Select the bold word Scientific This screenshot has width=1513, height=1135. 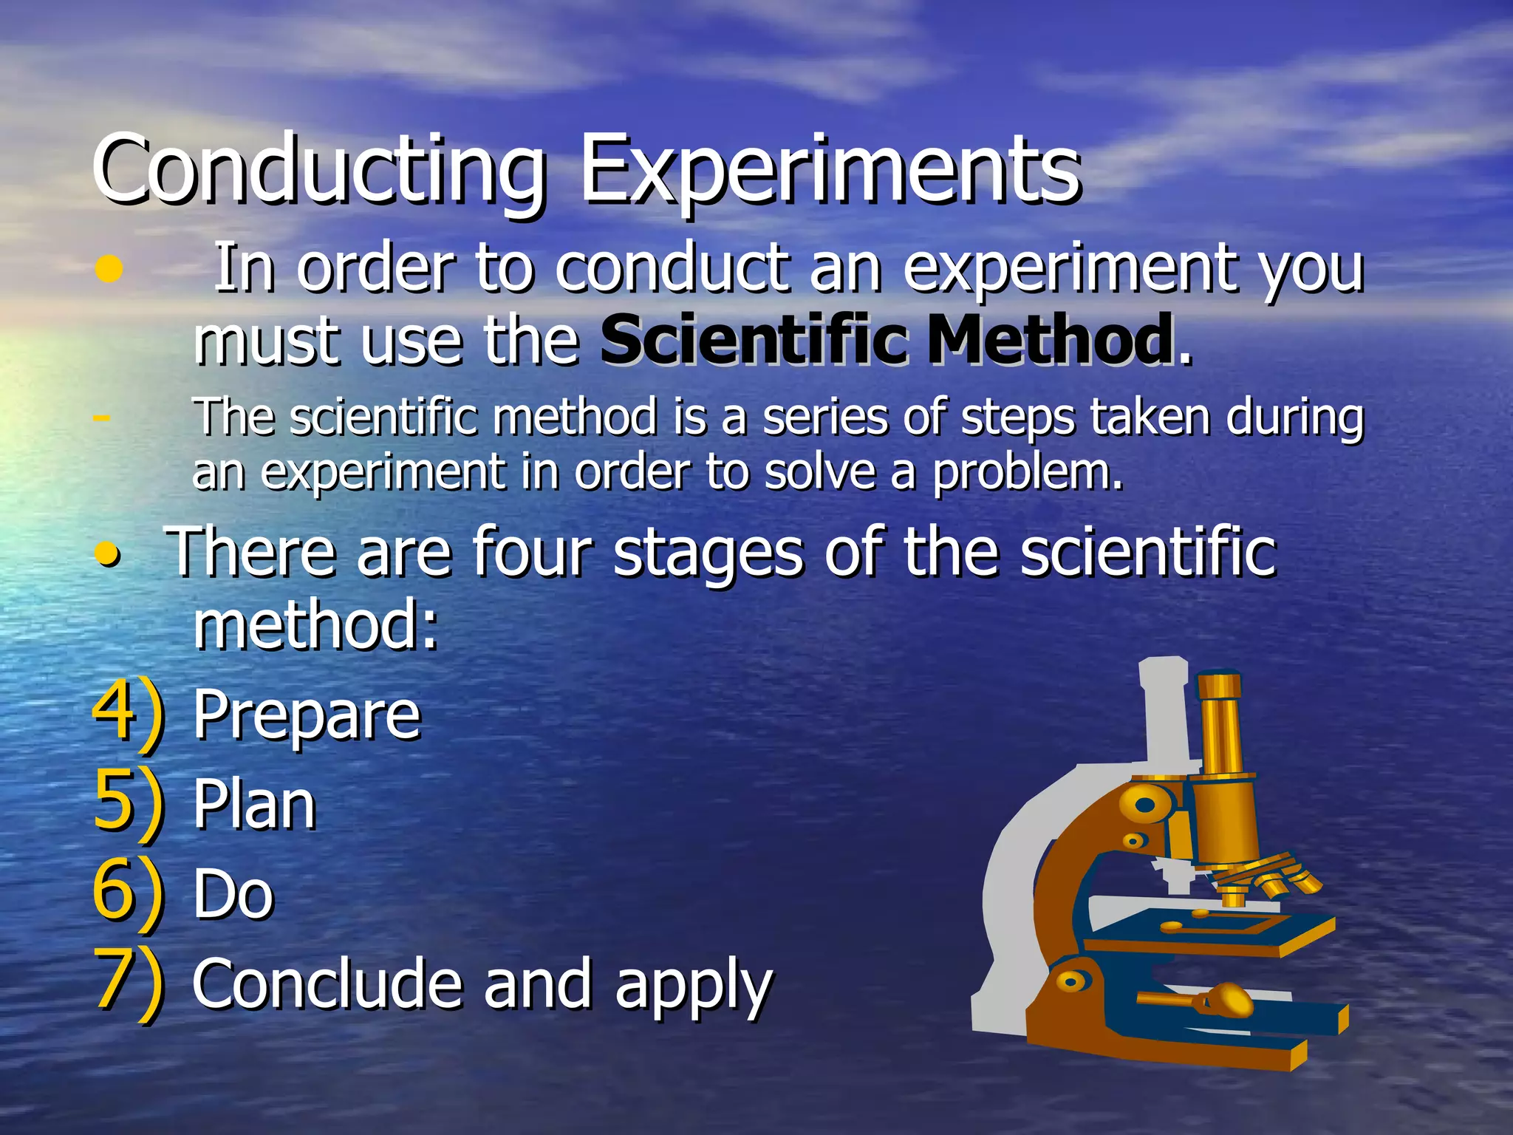pos(754,340)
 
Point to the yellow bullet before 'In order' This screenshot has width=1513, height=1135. pos(109,270)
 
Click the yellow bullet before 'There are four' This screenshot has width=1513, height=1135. pos(109,554)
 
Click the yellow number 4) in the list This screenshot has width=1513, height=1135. pos(128,713)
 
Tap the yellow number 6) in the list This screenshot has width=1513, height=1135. pos(128,893)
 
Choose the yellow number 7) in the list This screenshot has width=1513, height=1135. pos(128,983)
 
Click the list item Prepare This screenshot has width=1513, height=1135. pos(307,715)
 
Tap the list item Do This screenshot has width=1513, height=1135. pos(233,894)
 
